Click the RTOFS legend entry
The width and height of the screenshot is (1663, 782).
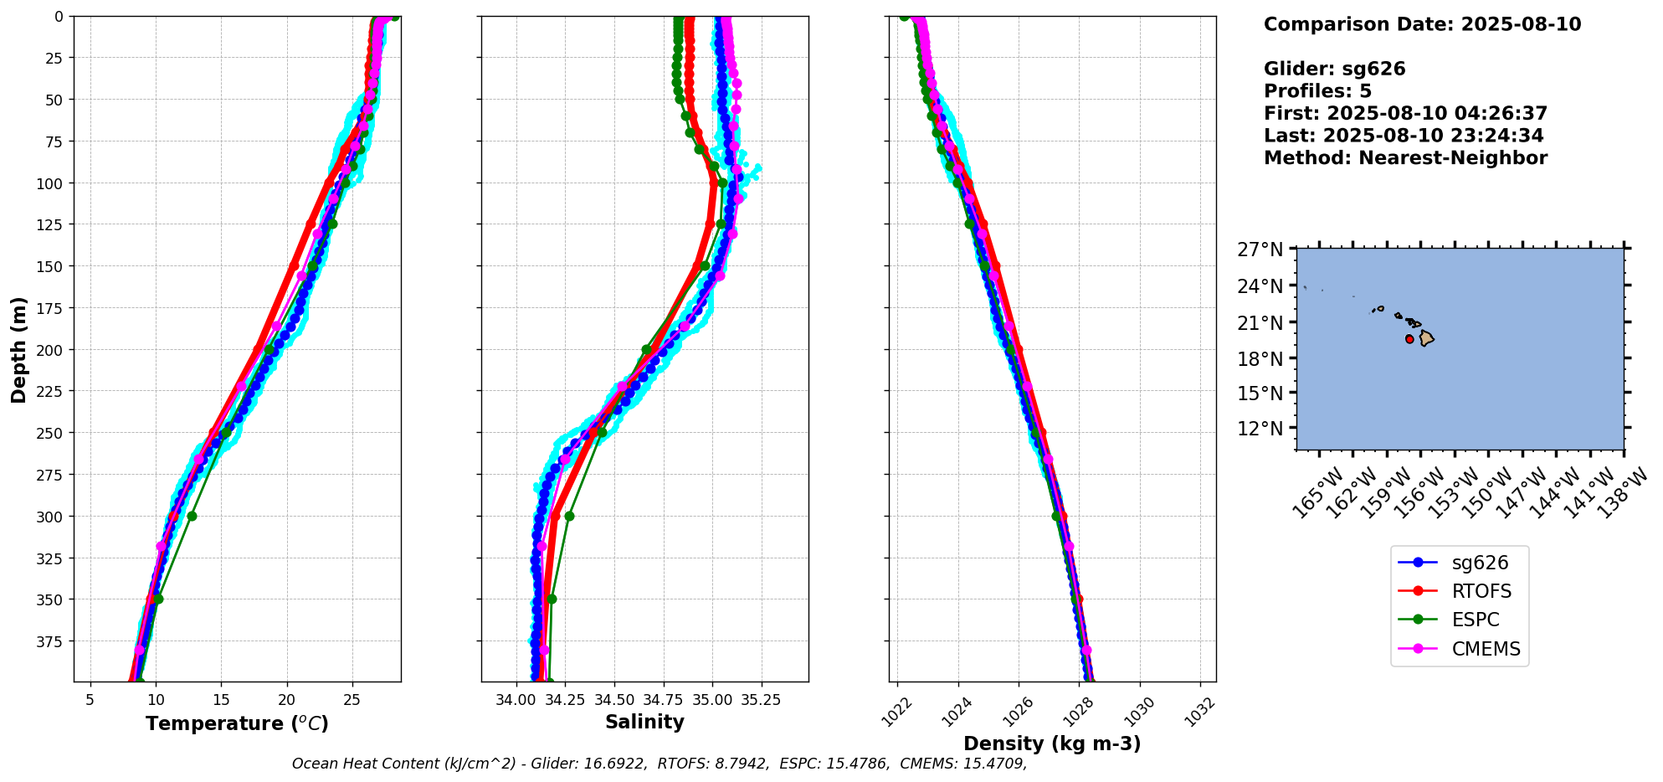pyautogui.click(x=1481, y=591)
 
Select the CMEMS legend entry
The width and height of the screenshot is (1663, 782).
pyautogui.click(x=1486, y=649)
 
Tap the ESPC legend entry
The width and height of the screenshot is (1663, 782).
pyautogui.click(x=1476, y=620)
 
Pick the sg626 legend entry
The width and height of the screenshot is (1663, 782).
pyautogui.click(x=1480, y=563)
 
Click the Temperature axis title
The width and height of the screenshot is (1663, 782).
pyautogui.click(x=237, y=723)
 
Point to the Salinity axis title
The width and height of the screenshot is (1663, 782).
pyautogui.click(x=644, y=722)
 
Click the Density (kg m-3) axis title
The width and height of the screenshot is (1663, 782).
pyautogui.click(x=1052, y=743)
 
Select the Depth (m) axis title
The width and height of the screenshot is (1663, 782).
pyautogui.click(x=19, y=349)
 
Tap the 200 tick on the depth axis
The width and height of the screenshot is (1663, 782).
pyautogui.click(x=51, y=349)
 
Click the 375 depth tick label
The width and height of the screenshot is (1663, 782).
pyautogui.click(x=51, y=641)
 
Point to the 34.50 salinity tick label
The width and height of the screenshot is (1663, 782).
pyautogui.click(x=613, y=700)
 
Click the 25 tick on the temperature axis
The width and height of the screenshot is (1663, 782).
pyautogui.click(x=352, y=700)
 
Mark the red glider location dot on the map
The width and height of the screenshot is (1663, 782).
pyautogui.click(x=1409, y=339)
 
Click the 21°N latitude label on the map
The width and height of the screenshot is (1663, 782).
pyautogui.click(x=1260, y=322)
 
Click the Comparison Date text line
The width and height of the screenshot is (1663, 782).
pyautogui.click(x=1422, y=24)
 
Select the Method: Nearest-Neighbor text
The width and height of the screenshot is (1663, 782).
pyautogui.click(x=1405, y=158)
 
